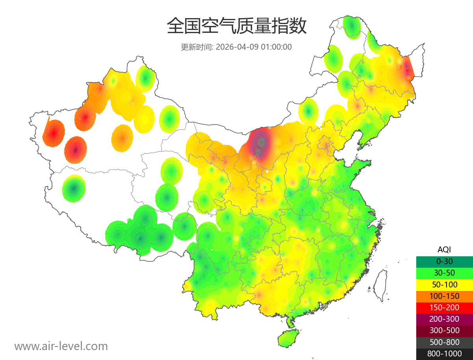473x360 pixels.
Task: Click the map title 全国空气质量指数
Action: click(236, 26)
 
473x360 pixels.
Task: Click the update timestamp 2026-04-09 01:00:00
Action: click(253, 47)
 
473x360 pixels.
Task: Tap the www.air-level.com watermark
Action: click(61, 346)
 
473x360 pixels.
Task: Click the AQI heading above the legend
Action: click(444, 250)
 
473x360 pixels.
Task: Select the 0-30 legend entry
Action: click(444, 261)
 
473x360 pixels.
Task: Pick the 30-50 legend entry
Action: click(444, 272)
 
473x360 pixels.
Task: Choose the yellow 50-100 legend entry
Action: click(444, 284)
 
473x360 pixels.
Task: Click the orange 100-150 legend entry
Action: click(444, 296)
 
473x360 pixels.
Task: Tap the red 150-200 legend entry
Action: click(444, 307)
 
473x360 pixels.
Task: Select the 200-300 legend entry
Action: click(444, 319)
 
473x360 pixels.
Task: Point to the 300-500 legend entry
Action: click(444, 330)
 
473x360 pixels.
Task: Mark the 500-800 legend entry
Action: click(444, 342)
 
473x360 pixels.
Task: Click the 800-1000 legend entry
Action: click(444, 353)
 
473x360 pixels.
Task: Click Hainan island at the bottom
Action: click(289, 339)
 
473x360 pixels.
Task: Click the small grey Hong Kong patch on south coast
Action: click(324, 306)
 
